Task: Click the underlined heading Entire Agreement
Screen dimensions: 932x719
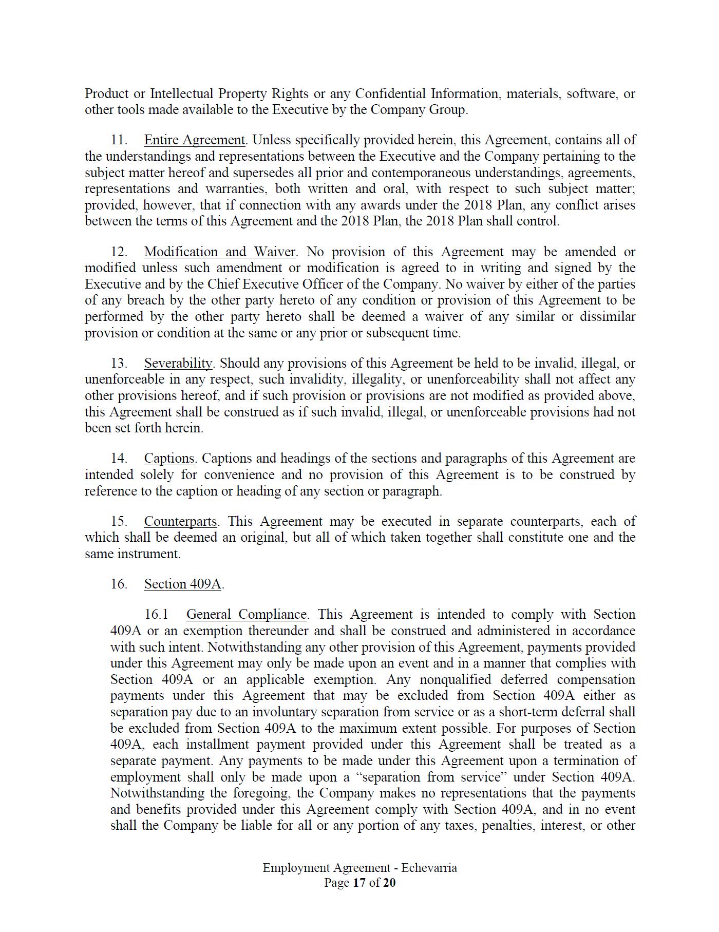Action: tap(194, 140)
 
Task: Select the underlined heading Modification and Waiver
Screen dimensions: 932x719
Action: tap(219, 252)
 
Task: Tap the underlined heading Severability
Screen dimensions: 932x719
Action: tap(178, 363)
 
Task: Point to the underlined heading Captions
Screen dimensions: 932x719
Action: tap(169, 458)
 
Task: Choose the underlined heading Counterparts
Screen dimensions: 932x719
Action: tap(180, 521)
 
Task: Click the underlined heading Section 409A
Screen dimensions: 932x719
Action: tap(182, 584)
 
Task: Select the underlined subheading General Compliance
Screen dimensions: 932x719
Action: tap(246, 614)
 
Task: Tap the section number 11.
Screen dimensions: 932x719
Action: tap(119, 140)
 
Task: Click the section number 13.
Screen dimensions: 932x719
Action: tap(119, 363)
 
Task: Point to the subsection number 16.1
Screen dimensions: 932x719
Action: tap(156, 614)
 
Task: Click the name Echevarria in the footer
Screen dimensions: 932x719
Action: tap(429, 868)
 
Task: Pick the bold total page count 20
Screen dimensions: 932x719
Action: tap(389, 883)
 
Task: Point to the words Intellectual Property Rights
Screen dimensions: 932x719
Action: tap(229, 93)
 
